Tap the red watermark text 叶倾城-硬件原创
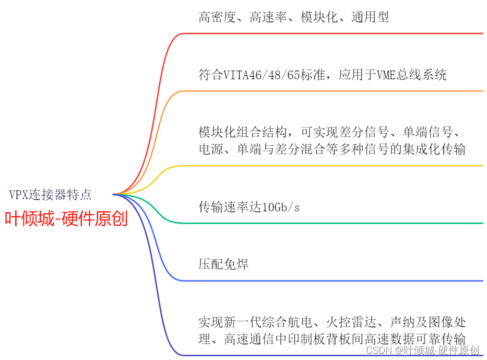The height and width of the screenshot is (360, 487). coord(66,219)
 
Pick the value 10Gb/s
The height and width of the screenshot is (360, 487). coord(281,207)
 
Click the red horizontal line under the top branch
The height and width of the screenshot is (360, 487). coord(334,33)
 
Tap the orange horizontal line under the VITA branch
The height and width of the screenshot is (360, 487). coord(334,91)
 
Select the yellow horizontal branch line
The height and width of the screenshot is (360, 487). coord(334,166)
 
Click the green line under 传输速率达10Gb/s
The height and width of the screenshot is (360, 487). coord(334,224)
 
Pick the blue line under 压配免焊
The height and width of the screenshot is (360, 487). coord(334,281)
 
